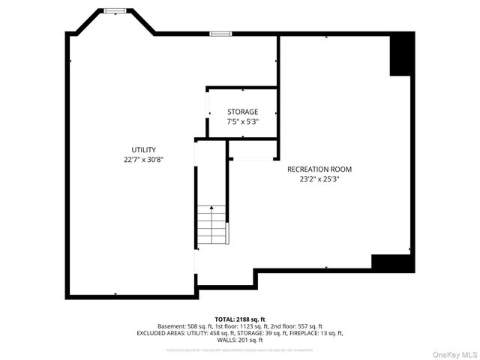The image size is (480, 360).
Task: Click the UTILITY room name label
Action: pyautogui.click(x=143, y=150)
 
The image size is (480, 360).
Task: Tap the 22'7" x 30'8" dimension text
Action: pyautogui.click(x=143, y=160)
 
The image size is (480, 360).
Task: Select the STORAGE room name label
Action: pyautogui.click(x=243, y=112)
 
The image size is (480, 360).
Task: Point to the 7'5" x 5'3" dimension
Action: pyautogui.click(x=243, y=121)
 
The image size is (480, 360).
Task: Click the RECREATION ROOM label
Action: pyautogui.click(x=319, y=169)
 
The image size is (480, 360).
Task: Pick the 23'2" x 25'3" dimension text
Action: pyautogui.click(x=319, y=179)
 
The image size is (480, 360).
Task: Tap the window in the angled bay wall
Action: pyautogui.click(x=115, y=10)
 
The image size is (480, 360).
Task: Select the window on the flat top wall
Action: pyautogui.click(x=220, y=33)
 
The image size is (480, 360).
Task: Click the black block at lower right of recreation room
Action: pyautogui.click(x=392, y=263)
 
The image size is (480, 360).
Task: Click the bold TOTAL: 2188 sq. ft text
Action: pyautogui.click(x=240, y=319)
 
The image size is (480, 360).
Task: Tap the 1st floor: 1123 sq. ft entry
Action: pyautogui.click(x=244, y=326)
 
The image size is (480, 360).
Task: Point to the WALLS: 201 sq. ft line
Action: pyautogui.click(x=240, y=340)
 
